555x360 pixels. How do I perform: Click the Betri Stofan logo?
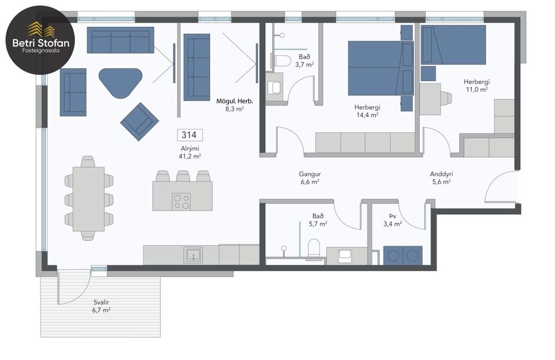pyautogui.click(x=40, y=40)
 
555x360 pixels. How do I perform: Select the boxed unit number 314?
pyautogui.click(x=189, y=135)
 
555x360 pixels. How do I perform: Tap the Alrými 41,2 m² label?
pyautogui.click(x=190, y=152)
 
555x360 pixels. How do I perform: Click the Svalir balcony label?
pyautogui.click(x=102, y=306)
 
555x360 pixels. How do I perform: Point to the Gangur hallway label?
pyautogui.click(x=310, y=177)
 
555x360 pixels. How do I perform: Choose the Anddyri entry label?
pyautogui.click(x=441, y=177)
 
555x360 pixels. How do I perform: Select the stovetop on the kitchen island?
pyautogui.click(x=181, y=201)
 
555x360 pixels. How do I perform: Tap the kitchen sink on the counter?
pyautogui.click(x=192, y=254)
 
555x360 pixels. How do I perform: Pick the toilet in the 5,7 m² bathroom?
pyautogui.click(x=314, y=248)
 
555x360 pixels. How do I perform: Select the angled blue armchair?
pyautogui.click(x=139, y=121)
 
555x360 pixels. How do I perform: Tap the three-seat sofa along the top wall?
pyautogui.click(x=120, y=40)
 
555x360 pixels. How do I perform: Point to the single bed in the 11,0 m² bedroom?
pyautogui.click(x=454, y=44)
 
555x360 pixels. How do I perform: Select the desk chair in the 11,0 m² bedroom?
pyautogui.click(x=446, y=98)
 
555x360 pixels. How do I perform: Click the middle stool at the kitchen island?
pyautogui.click(x=183, y=176)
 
